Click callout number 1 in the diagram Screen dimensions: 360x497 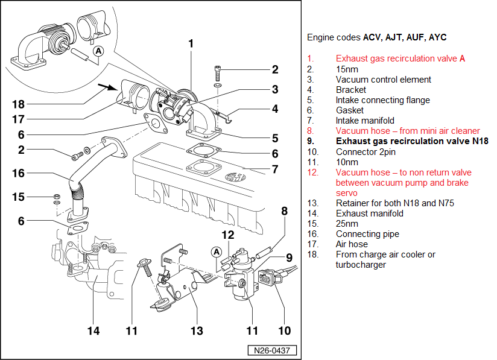point(191,43)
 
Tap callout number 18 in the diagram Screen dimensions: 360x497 point(19,103)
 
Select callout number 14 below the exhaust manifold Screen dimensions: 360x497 point(92,330)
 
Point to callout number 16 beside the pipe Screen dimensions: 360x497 point(19,173)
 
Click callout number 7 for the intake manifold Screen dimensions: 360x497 point(275,169)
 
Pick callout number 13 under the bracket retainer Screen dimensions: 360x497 point(197,330)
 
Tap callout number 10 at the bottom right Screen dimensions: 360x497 point(284,330)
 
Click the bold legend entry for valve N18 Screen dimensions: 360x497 point(412,141)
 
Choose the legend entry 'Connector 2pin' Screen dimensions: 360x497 point(366,151)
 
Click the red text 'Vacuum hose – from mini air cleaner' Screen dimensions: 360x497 point(408,131)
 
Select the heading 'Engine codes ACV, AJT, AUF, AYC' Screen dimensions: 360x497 point(376,37)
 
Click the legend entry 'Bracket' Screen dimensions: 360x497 point(351,90)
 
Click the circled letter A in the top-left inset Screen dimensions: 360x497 point(100,52)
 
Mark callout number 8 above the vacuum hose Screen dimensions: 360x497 point(284,211)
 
